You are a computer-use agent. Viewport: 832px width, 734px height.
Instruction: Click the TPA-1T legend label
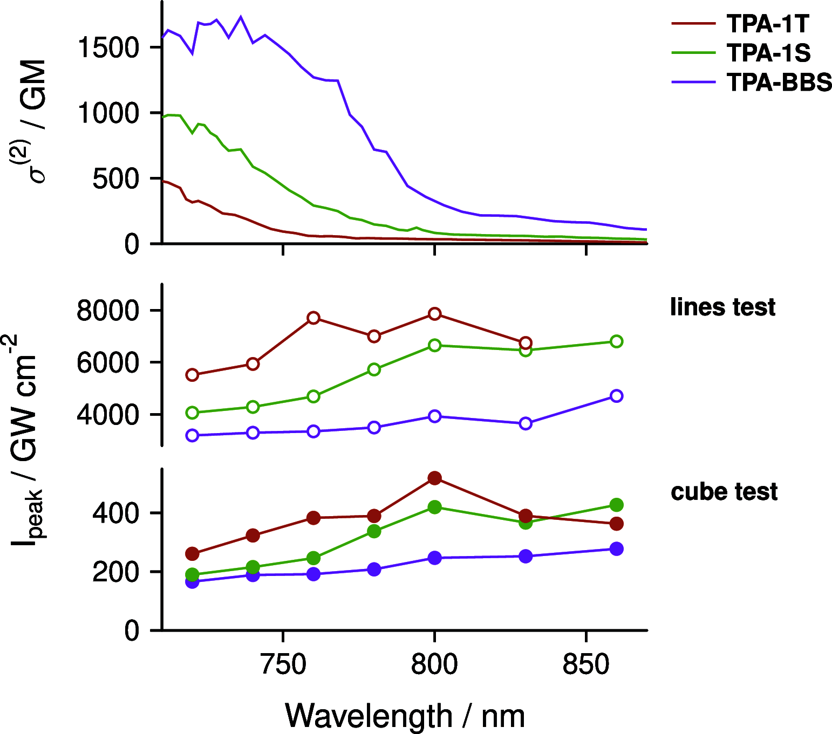tap(768, 24)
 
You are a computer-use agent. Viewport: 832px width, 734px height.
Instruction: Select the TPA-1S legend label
tap(768, 53)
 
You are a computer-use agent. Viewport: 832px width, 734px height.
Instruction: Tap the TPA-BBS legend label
tap(779, 82)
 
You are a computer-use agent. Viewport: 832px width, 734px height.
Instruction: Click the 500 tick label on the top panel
tap(116, 179)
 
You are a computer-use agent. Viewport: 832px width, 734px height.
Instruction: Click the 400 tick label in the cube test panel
tap(116, 513)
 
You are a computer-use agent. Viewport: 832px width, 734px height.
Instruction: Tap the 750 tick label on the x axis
tap(283, 664)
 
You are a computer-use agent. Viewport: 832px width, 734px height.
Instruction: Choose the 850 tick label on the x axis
tap(585, 664)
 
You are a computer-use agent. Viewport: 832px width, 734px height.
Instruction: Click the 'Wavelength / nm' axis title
tap(405, 716)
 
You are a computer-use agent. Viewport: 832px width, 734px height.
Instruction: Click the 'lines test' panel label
tap(722, 307)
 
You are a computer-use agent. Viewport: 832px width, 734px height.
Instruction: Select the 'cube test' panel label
tap(724, 492)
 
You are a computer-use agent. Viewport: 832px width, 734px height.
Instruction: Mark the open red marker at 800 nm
tap(434, 314)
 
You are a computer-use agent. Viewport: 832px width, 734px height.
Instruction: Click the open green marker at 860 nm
tap(616, 341)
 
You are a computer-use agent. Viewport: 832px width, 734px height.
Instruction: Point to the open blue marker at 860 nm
tap(616, 396)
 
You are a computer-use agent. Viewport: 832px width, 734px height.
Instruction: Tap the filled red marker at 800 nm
tap(434, 478)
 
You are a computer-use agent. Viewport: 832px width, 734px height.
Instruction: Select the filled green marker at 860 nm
tap(616, 505)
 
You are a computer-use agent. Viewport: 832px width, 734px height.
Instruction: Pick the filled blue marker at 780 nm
tap(374, 570)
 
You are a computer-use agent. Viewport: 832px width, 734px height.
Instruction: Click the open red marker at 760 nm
tap(313, 318)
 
